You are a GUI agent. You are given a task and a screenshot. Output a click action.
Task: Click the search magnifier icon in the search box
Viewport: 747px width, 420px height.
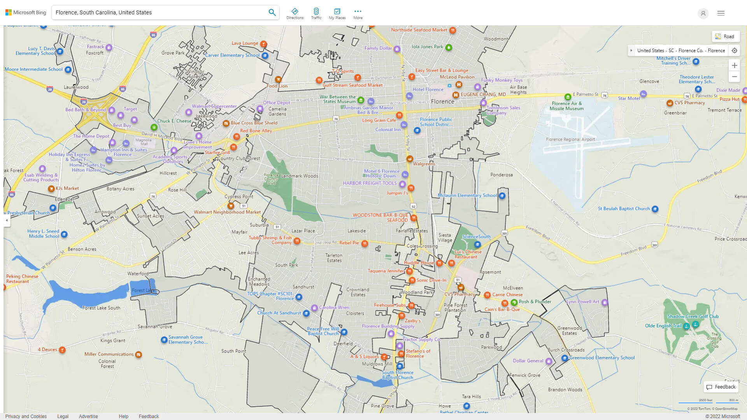(272, 12)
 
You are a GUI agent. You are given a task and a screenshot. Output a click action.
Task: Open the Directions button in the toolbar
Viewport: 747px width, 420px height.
(295, 14)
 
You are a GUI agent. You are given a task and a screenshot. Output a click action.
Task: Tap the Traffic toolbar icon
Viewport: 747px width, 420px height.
(316, 14)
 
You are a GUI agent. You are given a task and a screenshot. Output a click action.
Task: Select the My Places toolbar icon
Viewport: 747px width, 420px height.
(337, 14)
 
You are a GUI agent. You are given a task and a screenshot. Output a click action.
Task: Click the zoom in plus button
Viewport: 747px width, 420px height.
(734, 65)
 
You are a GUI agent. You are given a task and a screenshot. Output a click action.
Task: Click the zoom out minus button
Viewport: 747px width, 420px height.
(734, 77)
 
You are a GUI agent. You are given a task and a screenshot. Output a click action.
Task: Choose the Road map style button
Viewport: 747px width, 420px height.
(725, 37)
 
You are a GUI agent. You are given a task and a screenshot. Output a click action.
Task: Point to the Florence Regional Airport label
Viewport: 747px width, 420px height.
(570, 139)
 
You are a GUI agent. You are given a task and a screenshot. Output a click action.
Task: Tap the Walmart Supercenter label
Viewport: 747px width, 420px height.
(214, 106)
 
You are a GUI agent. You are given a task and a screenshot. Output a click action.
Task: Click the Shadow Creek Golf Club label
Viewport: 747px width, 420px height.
(693, 317)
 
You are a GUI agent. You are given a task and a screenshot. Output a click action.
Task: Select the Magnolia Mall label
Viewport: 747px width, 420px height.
(144, 142)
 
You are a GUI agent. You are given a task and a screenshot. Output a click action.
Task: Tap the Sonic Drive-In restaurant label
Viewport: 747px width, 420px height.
(431, 280)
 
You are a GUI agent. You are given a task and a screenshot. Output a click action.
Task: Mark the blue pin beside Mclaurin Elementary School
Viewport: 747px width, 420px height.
(502, 196)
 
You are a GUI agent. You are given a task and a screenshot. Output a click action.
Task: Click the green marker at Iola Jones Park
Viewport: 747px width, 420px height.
(449, 47)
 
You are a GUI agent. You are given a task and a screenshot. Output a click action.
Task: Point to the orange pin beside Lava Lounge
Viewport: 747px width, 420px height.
(263, 44)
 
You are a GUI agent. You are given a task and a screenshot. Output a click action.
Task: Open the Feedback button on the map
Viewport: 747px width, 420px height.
(721, 387)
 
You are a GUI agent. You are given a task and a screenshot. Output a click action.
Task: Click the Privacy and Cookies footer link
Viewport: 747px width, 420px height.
(26, 416)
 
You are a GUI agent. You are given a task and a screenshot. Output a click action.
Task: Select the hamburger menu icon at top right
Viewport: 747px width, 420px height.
(721, 13)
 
